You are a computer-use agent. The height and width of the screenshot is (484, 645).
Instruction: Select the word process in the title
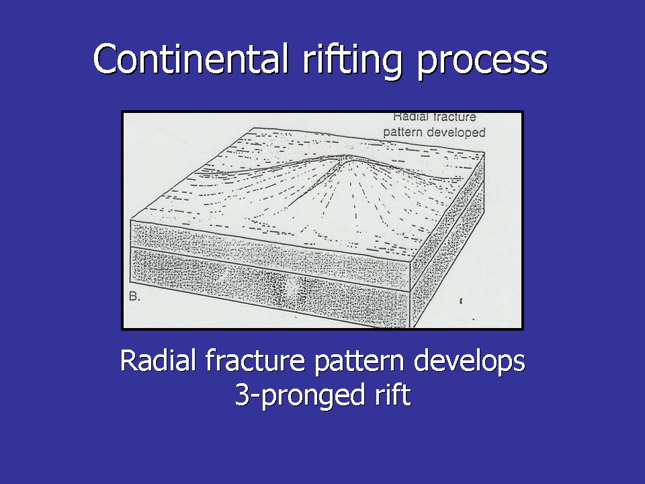(482, 63)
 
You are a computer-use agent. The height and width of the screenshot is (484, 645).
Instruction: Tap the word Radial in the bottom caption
(157, 360)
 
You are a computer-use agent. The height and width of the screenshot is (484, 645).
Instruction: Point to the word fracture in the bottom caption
(255, 360)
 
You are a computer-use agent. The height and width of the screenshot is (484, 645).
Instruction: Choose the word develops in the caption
(470, 362)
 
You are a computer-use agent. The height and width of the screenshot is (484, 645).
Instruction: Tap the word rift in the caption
(392, 394)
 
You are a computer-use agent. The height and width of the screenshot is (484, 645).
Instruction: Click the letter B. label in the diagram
(134, 296)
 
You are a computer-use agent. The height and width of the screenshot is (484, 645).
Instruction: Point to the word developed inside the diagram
(456, 133)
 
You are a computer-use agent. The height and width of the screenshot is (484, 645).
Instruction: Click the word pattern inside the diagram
(403, 133)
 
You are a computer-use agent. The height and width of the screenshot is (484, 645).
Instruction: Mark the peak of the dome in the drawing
(348, 157)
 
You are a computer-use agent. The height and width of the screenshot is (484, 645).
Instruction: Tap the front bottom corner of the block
(411, 327)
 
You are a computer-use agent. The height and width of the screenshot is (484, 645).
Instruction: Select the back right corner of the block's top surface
(484, 153)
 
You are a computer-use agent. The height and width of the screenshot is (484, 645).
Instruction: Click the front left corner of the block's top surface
(131, 220)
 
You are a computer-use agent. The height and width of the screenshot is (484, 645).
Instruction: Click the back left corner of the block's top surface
(252, 128)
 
